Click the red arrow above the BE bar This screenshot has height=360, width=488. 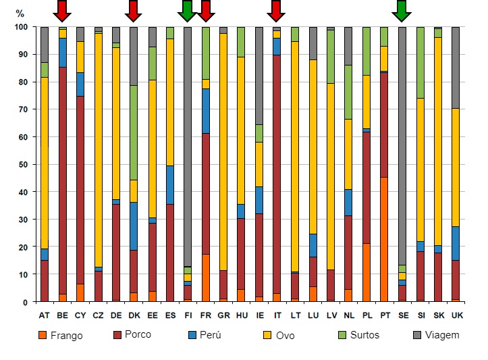[62, 10]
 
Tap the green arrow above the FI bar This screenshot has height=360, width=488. [187, 10]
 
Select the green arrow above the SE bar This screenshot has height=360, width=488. [402, 10]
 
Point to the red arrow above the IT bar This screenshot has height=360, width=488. [275, 10]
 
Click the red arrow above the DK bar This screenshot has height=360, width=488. [133, 10]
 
